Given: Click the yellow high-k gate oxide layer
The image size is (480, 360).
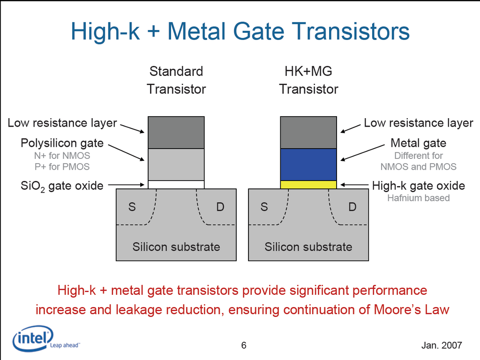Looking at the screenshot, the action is pyautogui.click(x=308, y=185).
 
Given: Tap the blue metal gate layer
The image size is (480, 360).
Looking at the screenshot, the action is pyautogui.click(x=308, y=165).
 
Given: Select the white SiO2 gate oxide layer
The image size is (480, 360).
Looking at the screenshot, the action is pyautogui.click(x=176, y=185).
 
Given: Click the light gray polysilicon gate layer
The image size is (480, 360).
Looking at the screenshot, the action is pyautogui.click(x=176, y=165).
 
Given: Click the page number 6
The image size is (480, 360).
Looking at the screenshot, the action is pyautogui.click(x=244, y=345).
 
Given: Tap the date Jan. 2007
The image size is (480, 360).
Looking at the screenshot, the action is pyautogui.click(x=442, y=345).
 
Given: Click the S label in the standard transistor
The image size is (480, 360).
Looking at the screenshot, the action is pyautogui.click(x=132, y=207).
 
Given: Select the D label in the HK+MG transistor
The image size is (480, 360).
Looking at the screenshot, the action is pyautogui.click(x=352, y=207).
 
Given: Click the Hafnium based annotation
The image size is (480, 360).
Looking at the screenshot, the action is pyautogui.click(x=419, y=198).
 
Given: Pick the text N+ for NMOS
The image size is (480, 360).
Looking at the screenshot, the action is pyautogui.click(x=62, y=156).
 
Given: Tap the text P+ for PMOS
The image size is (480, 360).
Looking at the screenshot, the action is pyautogui.click(x=62, y=166).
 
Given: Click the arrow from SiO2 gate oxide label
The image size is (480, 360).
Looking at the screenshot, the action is pyautogui.click(x=126, y=185).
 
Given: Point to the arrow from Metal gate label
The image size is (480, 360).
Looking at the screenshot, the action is pyautogui.click(x=362, y=152).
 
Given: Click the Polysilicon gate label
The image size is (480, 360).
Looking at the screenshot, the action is pyautogui.click(x=62, y=143).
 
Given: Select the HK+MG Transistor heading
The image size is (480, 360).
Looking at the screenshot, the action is pyautogui.click(x=308, y=80).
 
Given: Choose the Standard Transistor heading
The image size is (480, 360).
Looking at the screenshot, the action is pyautogui.click(x=176, y=80).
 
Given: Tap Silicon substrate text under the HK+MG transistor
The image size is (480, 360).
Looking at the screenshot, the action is pyautogui.click(x=308, y=247).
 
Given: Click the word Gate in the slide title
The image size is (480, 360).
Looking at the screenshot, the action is pyautogui.click(x=259, y=31).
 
